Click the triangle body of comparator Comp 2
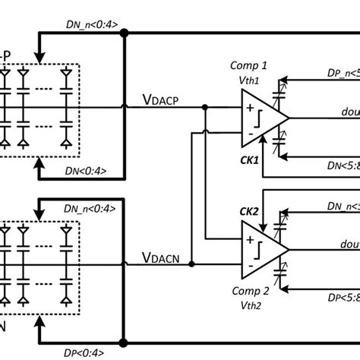click(x=261, y=250)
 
